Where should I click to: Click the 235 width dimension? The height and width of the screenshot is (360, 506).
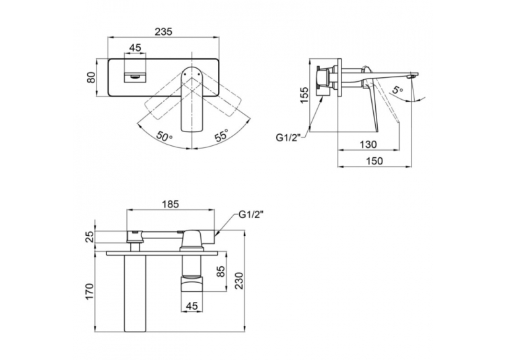pos(164,32)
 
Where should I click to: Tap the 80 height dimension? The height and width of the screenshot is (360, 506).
pos(92,77)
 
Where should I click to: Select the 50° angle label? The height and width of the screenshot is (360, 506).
pos(164,136)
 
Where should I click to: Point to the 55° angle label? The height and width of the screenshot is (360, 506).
pos(221,135)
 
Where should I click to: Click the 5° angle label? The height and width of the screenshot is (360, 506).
pos(398,89)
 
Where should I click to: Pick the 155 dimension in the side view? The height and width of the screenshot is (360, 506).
pos(304,94)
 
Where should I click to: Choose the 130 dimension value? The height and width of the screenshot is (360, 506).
pos(368,144)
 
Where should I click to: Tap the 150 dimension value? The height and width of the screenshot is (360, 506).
pos(375,161)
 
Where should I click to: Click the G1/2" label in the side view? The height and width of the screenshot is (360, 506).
pos(288,138)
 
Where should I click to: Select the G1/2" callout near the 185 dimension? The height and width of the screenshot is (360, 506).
pos(251,215)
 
